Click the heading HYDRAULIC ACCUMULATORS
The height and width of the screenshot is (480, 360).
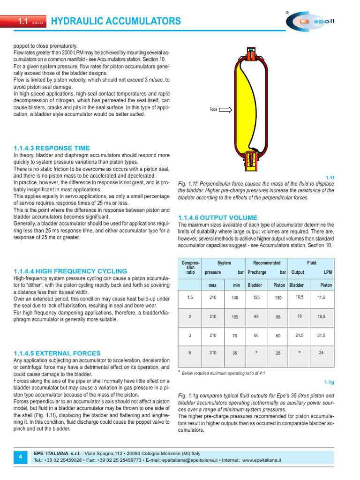(x=115, y=21)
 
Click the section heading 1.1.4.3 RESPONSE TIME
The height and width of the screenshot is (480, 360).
(x=52, y=148)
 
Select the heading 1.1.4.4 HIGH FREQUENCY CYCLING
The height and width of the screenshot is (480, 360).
(x=70, y=271)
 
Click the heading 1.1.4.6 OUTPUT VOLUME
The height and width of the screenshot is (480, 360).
(x=217, y=217)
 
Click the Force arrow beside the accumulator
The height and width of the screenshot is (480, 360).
(x=225, y=110)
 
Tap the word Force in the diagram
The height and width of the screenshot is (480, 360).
(x=214, y=110)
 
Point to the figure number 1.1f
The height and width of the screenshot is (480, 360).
(x=330, y=178)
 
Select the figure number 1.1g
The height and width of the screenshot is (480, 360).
(x=329, y=382)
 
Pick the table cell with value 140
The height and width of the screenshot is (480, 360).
(x=235, y=298)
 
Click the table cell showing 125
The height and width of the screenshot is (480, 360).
(x=256, y=298)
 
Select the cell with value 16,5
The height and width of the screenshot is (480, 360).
(x=321, y=317)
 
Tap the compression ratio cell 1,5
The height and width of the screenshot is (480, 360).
(x=190, y=298)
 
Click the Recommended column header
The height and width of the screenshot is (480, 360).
(x=267, y=263)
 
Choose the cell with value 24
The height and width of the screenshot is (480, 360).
(x=321, y=352)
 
